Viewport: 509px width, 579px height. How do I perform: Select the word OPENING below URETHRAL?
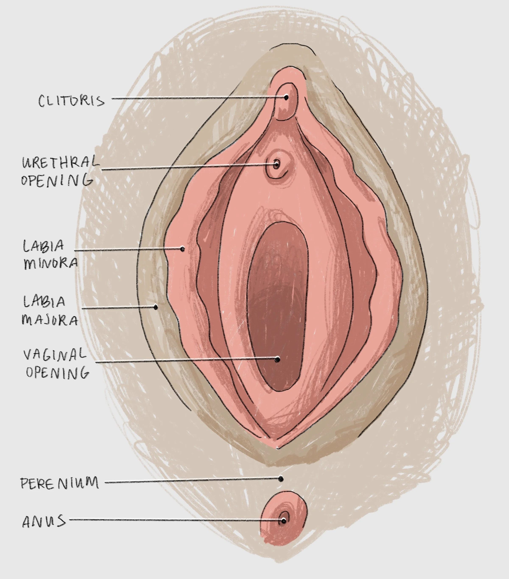pos(57,180)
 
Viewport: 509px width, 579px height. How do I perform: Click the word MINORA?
pos(50,263)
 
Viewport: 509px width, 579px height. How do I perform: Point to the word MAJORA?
pos(50,320)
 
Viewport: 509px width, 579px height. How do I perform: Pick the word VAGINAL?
pos(54,354)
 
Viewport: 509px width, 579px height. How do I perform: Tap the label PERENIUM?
pos(60,483)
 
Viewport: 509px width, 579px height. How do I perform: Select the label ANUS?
pos(44,521)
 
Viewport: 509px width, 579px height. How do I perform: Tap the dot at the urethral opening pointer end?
pos(276,164)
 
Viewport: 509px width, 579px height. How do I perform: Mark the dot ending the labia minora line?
pos(183,249)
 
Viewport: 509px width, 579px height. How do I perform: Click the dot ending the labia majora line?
pos(156,307)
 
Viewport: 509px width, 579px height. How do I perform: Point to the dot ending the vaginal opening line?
pos(278,359)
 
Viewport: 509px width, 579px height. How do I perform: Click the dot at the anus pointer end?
pos(283,521)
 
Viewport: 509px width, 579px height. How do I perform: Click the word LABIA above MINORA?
pos(43,246)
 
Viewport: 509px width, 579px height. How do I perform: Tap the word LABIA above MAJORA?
pos(44,302)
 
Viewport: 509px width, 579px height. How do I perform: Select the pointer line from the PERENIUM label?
pos(193,481)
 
